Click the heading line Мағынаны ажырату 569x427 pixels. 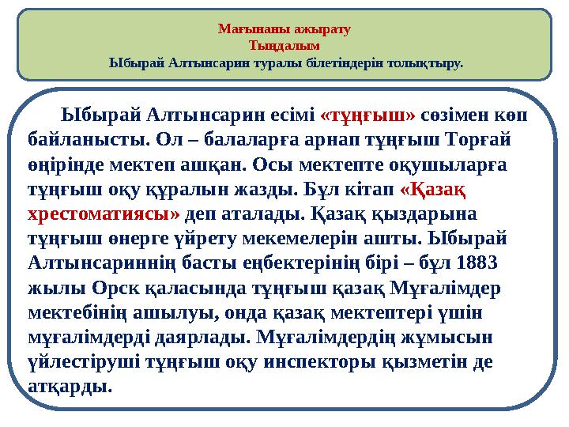pos(284,30)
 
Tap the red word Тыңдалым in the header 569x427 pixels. pos(284,45)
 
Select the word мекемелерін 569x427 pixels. pos(300,238)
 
